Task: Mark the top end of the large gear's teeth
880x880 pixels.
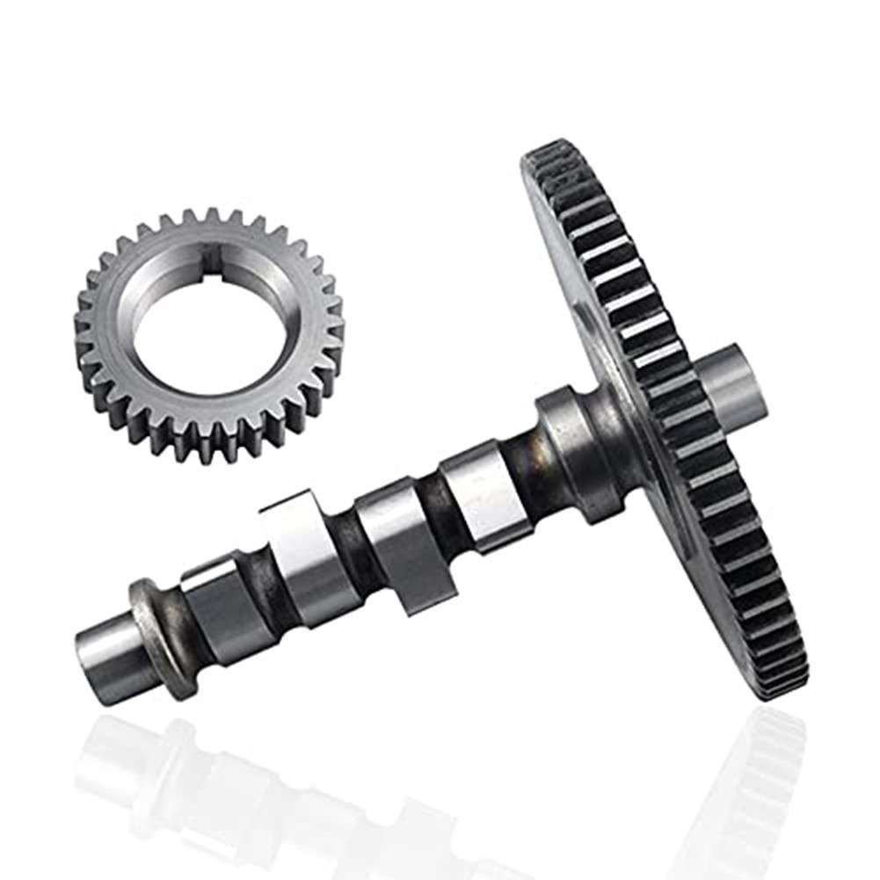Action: coord(549,158)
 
